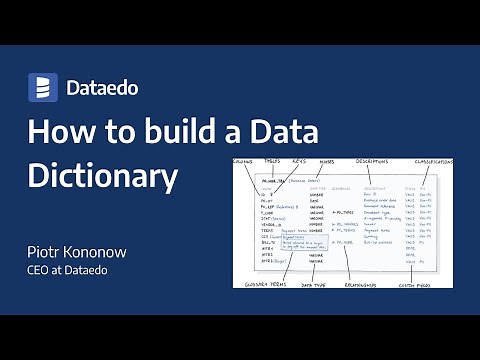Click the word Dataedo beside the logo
101,88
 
